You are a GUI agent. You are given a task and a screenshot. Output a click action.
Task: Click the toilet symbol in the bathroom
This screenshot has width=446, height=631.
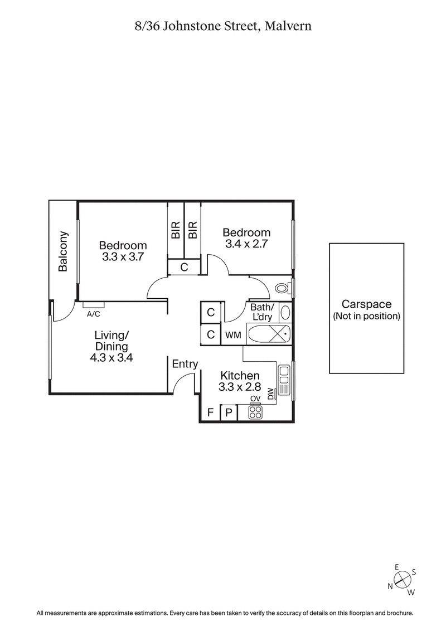tap(283, 289)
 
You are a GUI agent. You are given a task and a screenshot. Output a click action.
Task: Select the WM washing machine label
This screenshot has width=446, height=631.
tap(234, 336)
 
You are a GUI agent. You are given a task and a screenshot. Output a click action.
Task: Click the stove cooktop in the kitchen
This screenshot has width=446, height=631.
tap(255, 412)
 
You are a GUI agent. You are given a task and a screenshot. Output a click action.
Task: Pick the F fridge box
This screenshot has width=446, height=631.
tap(210, 413)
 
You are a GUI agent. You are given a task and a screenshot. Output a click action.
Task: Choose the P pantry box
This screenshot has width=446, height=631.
tap(229, 413)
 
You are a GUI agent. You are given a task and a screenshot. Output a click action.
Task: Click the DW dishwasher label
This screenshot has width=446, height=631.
tap(271, 394)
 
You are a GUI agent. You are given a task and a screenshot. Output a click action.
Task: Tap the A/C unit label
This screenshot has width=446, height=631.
tap(94, 314)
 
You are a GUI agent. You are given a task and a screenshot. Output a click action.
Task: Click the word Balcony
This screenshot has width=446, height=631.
tap(63, 251)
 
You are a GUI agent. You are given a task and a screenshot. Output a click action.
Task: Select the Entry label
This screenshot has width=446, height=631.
tap(185, 364)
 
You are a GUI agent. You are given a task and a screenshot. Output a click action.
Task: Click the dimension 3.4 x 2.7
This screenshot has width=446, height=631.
tap(246, 244)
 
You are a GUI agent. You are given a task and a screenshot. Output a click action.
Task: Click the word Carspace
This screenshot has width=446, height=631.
tap(366, 304)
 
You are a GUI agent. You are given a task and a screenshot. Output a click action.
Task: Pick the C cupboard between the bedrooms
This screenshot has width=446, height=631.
tap(183, 268)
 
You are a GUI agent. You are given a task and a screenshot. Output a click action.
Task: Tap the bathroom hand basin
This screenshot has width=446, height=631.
tap(285, 312)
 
